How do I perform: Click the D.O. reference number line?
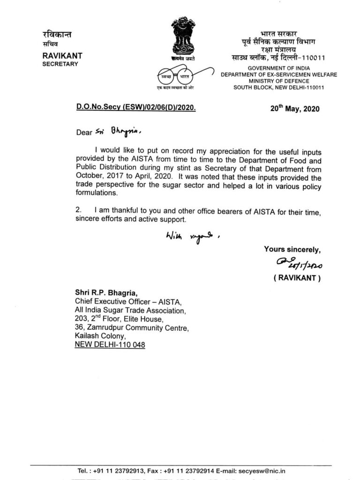[x=135, y=107]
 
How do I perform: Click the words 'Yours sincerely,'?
[x=292, y=249]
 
